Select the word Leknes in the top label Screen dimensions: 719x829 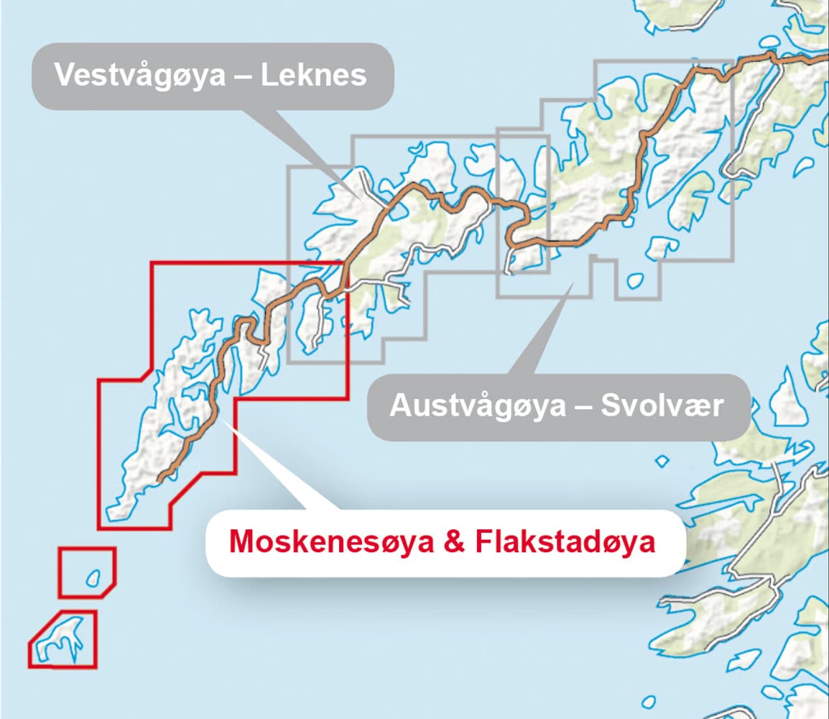coord(313,75)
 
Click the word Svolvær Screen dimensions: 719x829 coord(662,406)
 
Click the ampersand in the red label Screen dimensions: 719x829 coord(454,542)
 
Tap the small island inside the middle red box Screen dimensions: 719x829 coord(92,577)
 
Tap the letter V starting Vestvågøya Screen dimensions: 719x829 coord(65,75)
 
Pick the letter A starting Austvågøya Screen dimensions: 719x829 coord(399,406)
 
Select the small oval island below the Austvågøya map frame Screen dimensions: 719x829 coord(634,281)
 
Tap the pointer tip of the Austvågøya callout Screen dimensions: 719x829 coord(573,283)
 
